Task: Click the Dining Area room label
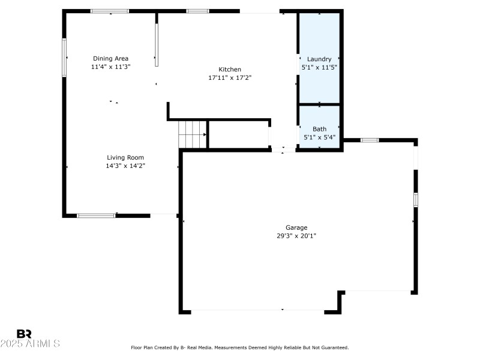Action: point(110,58)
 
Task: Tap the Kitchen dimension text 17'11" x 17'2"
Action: point(230,77)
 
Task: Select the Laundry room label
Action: point(319,59)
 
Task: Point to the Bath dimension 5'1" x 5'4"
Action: point(319,137)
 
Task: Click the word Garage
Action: point(296,227)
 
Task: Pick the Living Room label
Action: point(125,157)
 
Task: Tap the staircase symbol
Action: point(192,134)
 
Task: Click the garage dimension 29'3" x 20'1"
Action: point(296,236)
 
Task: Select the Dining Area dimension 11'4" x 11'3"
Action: point(110,67)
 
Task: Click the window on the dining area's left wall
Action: point(64,58)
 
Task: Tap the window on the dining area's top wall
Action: point(109,11)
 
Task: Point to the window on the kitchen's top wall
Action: point(197,11)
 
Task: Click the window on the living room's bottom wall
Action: point(96,215)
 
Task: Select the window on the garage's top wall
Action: point(370,140)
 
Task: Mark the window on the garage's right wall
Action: point(415,200)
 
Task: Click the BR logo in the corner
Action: point(24,334)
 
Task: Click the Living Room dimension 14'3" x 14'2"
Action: point(125,166)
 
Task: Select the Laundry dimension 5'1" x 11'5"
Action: point(319,67)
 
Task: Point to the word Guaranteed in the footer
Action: point(333,347)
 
